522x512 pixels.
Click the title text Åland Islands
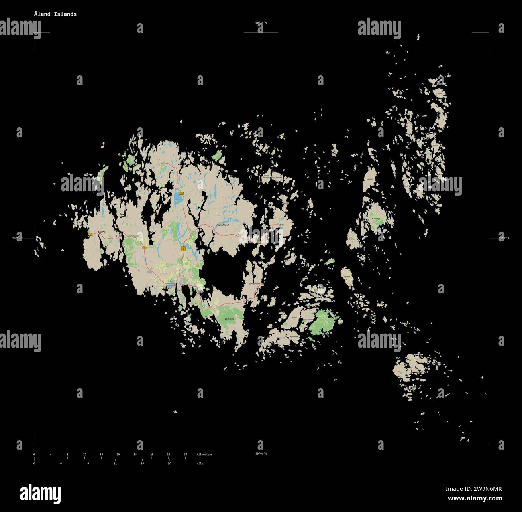click(x=55, y=14)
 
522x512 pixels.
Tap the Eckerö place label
click(x=101, y=232)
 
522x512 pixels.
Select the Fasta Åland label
click(x=222, y=225)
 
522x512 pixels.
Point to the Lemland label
click(x=229, y=318)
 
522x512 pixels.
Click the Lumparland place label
click(x=255, y=283)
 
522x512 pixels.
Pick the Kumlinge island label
click(x=376, y=219)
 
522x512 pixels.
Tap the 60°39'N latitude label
click(x=261, y=23)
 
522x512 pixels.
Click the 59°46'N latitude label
click(x=261, y=453)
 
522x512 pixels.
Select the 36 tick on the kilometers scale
click(x=185, y=455)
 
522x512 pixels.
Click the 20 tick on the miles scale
click(x=169, y=463)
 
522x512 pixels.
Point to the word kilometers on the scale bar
click(x=204, y=455)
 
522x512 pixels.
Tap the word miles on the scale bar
click(x=200, y=463)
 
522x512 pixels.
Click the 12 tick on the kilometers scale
click(x=84, y=455)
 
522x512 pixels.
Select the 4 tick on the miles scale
click(x=61, y=463)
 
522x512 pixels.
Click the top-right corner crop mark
click(x=489, y=33)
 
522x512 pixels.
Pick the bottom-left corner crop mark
click(x=33, y=443)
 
